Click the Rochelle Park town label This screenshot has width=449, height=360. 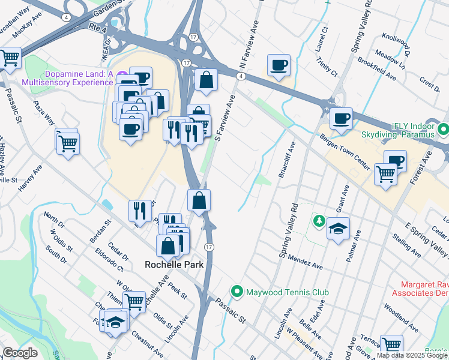[x=173, y=264]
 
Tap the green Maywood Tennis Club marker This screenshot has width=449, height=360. [x=238, y=292]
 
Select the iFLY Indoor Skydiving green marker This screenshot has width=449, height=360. [x=444, y=129]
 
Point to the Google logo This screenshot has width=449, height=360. [x=20, y=353]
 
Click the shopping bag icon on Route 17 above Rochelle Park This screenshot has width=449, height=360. [x=199, y=200]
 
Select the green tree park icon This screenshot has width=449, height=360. [x=318, y=222]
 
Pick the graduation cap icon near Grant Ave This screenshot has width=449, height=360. [x=339, y=229]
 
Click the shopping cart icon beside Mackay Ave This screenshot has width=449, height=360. [x=10, y=58]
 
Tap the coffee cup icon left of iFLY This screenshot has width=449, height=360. [x=340, y=118]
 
